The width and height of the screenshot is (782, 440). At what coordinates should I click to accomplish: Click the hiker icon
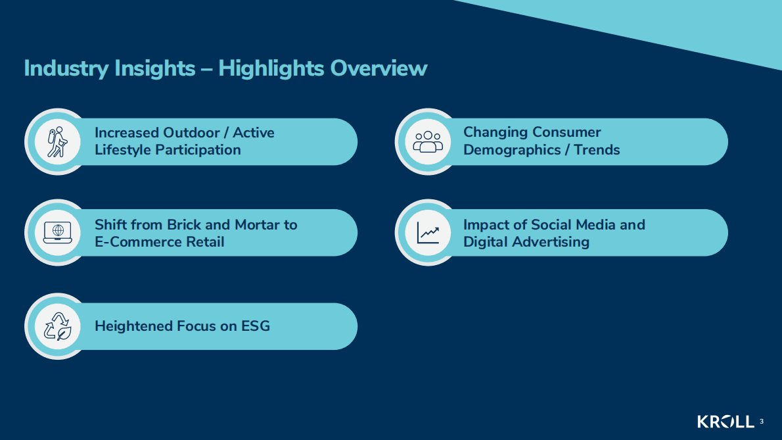click(x=57, y=142)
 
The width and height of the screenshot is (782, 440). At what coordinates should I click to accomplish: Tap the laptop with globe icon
click(x=58, y=232)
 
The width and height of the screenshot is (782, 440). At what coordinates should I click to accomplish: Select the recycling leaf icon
click(x=58, y=326)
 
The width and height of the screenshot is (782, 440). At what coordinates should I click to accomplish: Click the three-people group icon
click(x=428, y=141)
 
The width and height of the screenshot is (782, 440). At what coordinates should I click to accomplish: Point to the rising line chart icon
click(x=428, y=233)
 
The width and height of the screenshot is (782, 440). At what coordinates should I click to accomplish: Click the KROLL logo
click(x=725, y=422)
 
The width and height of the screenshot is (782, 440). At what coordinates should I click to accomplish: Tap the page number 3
click(x=762, y=422)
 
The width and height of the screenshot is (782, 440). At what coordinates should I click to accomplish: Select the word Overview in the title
click(x=379, y=68)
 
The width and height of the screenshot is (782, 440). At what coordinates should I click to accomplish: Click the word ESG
click(x=256, y=326)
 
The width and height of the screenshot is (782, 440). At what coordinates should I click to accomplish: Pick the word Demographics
click(x=512, y=150)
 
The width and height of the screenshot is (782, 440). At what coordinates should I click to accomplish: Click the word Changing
click(x=492, y=133)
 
